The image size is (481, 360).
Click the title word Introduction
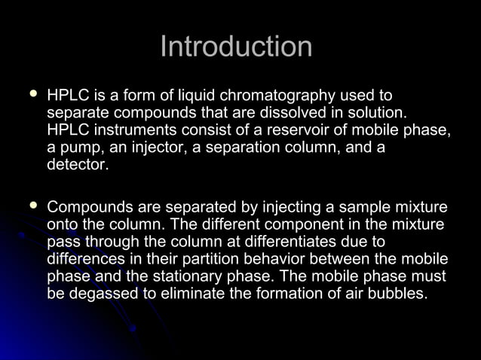tap(236, 47)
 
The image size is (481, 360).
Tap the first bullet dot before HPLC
tap(32, 95)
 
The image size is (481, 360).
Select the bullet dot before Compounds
tap(32, 205)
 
